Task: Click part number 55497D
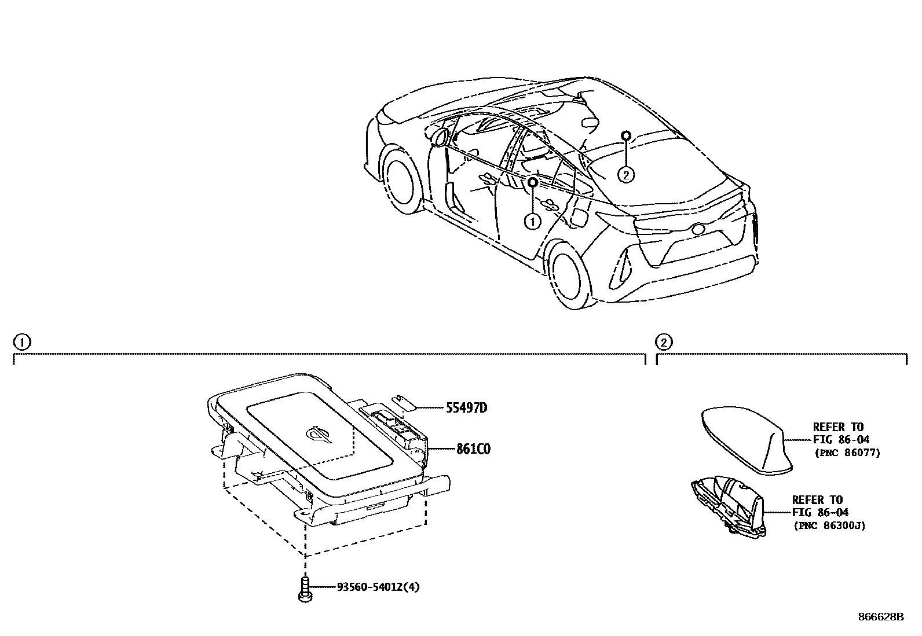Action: [x=466, y=408]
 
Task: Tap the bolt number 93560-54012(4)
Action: [x=378, y=587]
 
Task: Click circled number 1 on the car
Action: [x=532, y=220]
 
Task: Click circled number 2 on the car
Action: [x=625, y=174]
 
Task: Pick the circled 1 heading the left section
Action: [x=20, y=342]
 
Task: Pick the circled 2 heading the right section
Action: [x=663, y=342]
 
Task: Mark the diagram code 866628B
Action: [x=881, y=617]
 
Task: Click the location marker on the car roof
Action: [x=625, y=135]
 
